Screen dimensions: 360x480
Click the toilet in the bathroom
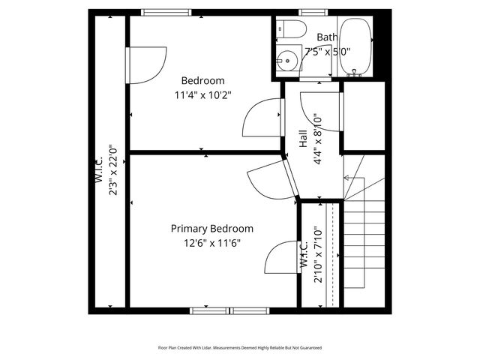point(292,29)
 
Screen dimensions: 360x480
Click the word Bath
point(327,37)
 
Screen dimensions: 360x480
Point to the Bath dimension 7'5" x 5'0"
point(327,52)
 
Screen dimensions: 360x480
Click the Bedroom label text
point(202,81)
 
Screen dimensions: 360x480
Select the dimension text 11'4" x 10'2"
point(202,95)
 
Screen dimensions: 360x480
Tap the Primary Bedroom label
point(211,229)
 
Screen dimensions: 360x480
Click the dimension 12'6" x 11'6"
point(211,242)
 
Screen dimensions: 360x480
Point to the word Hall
point(302,138)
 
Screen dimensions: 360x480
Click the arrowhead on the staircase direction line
point(346,178)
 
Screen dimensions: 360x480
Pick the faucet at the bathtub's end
point(355,72)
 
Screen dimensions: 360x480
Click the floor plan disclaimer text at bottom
point(239,347)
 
